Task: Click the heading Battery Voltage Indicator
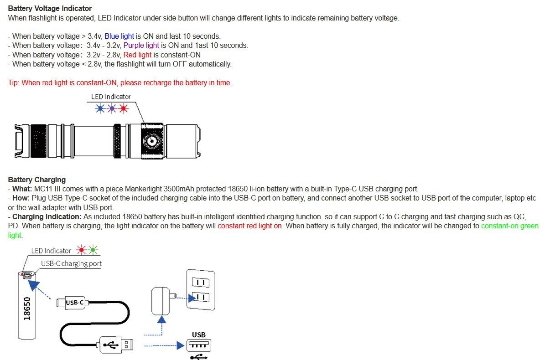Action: point(50,8)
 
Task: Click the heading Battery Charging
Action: point(37,180)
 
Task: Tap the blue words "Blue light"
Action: point(119,36)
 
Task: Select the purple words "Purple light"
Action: point(141,46)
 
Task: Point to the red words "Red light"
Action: point(137,55)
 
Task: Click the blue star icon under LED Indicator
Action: point(100,108)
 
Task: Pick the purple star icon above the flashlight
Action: point(112,108)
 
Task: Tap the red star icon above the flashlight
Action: point(124,108)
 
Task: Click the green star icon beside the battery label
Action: point(93,250)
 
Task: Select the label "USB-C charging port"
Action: point(71,263)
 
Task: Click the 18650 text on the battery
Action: point(27,308)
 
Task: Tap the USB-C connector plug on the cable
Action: point(73,303)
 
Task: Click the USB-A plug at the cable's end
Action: point(116,345)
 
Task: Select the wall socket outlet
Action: point(201,289)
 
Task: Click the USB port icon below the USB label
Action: point(199,345)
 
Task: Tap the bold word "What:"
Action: point(22,189)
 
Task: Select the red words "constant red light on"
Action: point(250,226)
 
